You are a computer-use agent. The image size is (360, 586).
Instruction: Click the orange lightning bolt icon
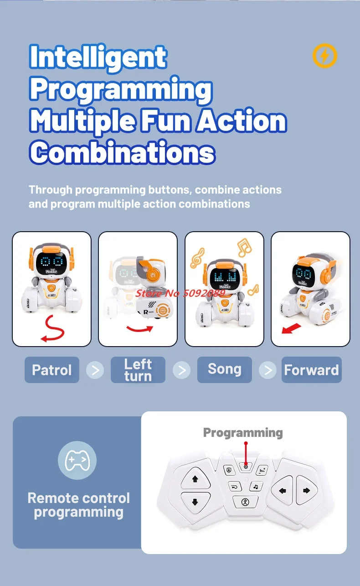(324, 56)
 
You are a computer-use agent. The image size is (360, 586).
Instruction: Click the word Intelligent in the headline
(98, 57)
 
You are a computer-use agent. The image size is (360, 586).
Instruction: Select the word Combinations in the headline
(122, 152)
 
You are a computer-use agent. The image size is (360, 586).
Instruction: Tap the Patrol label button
(52, 370)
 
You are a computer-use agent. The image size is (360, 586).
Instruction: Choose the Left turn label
(138, 370)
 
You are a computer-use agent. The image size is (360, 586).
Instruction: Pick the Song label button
(224, 369)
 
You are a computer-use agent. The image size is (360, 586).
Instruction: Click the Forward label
(311, 370)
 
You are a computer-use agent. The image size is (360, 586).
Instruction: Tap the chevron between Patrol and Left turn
(95, 370)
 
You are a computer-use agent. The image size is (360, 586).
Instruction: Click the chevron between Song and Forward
(268, 370)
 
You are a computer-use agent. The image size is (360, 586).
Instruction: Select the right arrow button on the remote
(306, 491)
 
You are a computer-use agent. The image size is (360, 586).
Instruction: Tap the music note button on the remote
(256, 487)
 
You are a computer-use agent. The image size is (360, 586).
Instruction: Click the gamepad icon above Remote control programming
(77, 460)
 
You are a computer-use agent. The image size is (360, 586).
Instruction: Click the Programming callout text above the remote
(243, 433)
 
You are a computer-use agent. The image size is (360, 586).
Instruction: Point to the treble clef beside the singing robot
(197, 258)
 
